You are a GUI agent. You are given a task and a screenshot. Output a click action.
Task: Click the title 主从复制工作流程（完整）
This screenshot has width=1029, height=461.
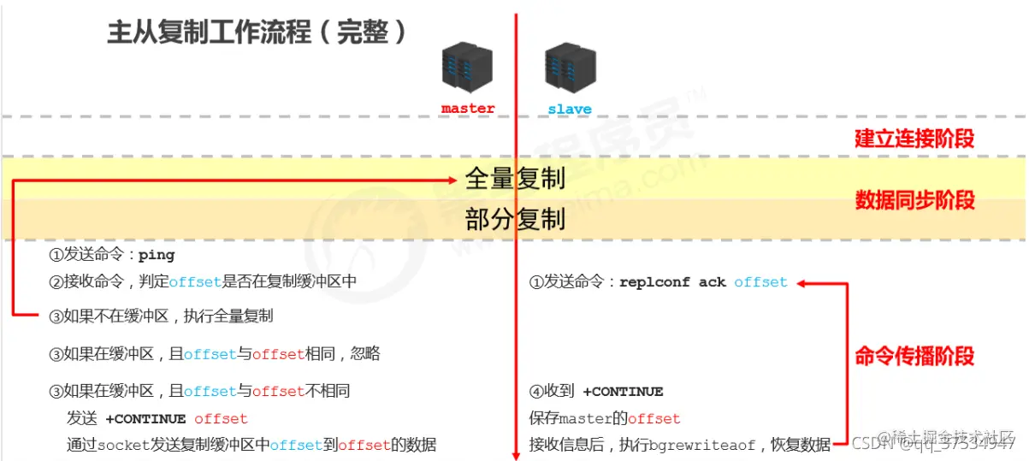pyautogui.click(x=257, y=33)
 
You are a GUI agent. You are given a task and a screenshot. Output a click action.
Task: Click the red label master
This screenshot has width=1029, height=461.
pyautogui.click(x=468, y=109)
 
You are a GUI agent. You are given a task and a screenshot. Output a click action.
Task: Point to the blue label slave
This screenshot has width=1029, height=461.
pyautogui.click(x=569, y=109)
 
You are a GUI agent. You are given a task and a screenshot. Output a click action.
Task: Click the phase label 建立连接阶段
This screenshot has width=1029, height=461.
pyautogui.click(x=914, y=139)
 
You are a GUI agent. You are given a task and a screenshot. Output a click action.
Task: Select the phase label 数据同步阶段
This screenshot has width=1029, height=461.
pyautogui.click(x=914, y=200)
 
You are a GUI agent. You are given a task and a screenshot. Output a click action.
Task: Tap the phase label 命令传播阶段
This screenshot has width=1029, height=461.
pyautogui.click(x=914, y=356)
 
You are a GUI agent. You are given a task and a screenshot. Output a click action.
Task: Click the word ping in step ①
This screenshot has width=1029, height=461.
pyautogui.click(x=157, y=256)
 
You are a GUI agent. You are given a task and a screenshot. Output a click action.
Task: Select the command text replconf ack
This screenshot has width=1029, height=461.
pyautogui.click(x=672, y=282)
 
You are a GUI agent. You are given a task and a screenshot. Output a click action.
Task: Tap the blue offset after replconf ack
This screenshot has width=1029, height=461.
pyautogui.click(x=760, y=282)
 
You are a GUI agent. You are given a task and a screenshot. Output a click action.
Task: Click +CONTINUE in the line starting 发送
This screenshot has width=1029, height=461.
pyautogui.click(x=145, y=419)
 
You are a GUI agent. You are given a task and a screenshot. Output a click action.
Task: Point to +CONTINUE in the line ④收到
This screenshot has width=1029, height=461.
pyautogui.click(x=623, y=392)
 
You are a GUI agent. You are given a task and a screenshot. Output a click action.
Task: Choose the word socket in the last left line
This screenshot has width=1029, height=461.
pyautogui.click(x=122, y=445)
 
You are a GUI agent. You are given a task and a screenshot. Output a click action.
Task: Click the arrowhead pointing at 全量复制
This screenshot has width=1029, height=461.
pyautogui.click(x=455, y=179)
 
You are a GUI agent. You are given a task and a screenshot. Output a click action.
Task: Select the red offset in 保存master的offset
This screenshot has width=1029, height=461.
pyautogui.click(x=654, y=419)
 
